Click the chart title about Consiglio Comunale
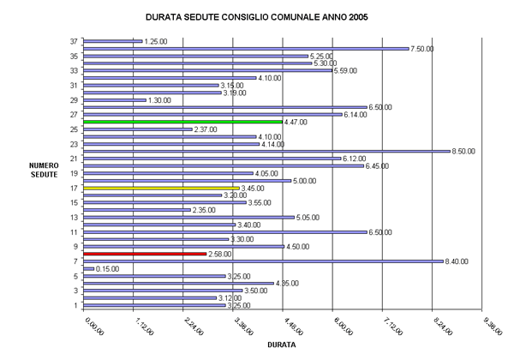click(x=258, y=16)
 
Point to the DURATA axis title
click(x=283, y=345)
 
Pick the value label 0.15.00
click(x=109, y=269)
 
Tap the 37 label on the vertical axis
click(x=75, y=41)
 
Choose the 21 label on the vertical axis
click(x=75, y=159)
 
